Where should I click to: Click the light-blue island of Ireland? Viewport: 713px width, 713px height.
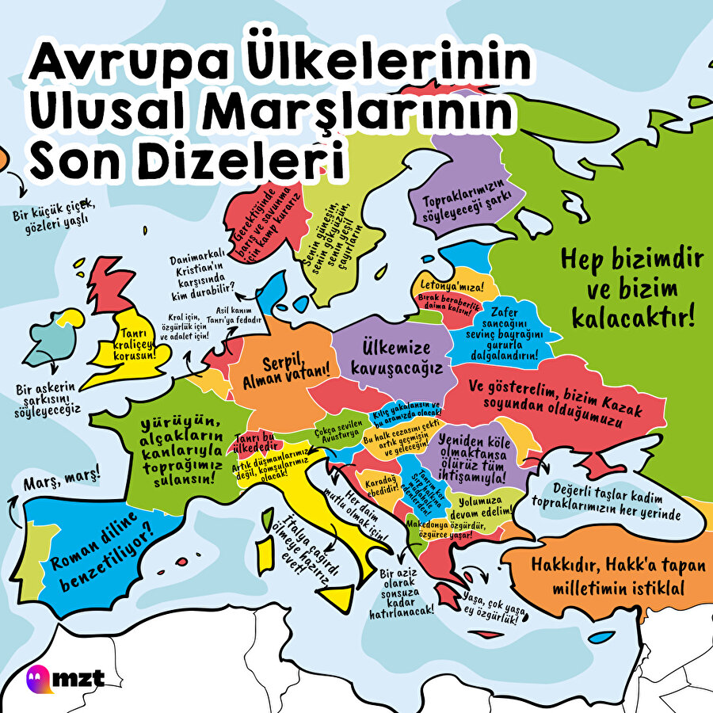click(55, 341)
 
